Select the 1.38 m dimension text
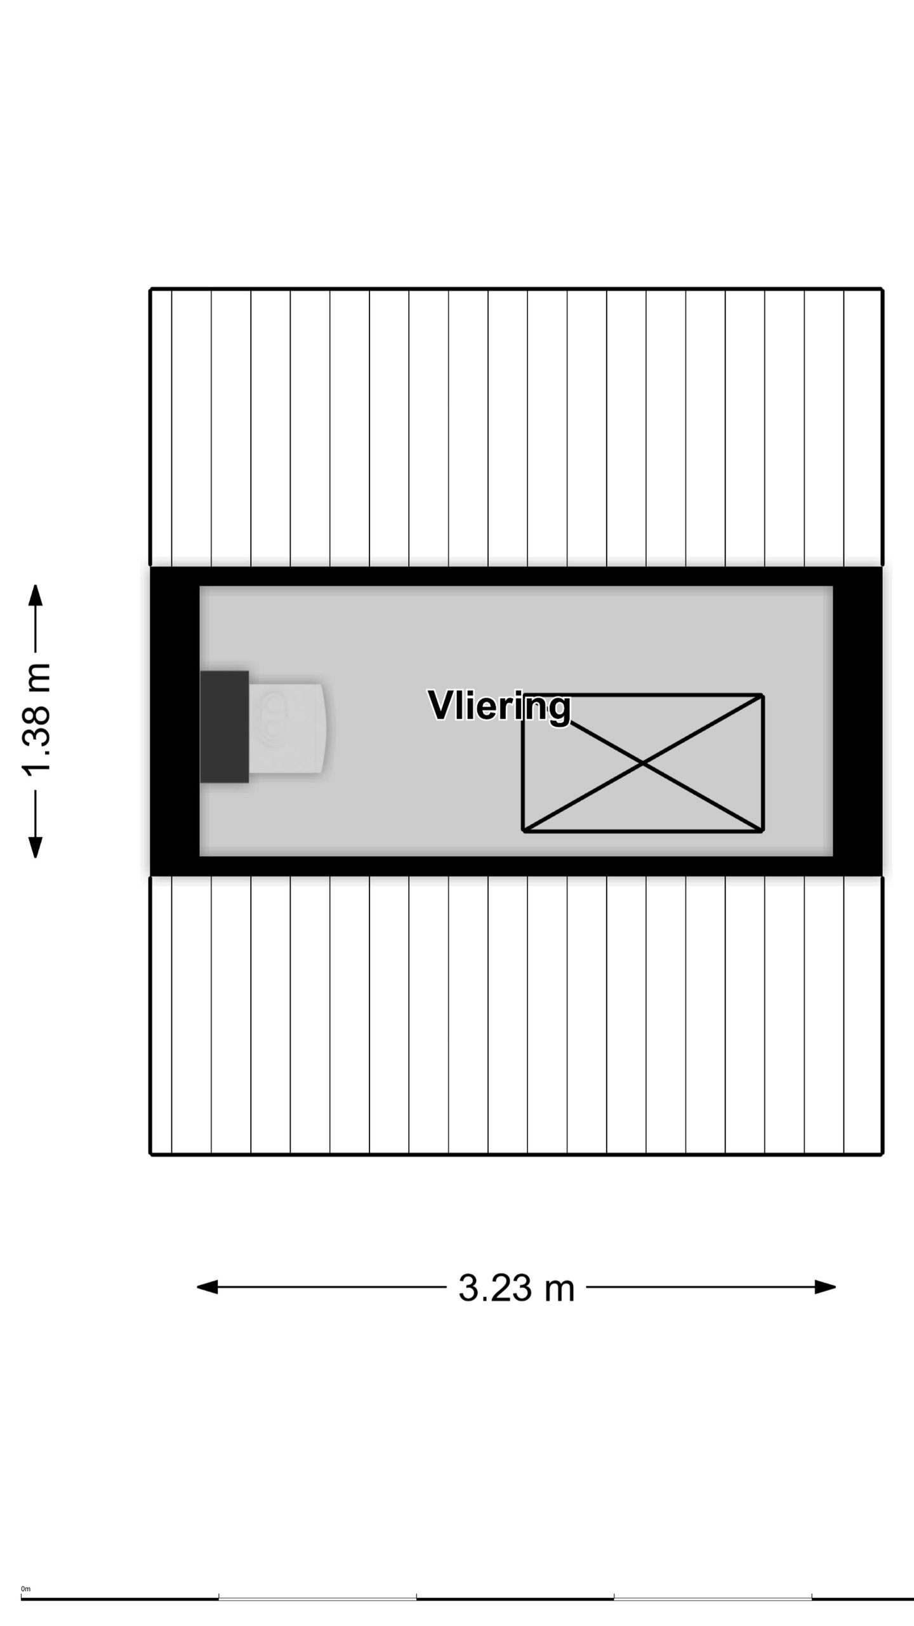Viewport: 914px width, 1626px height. tap(36, 720)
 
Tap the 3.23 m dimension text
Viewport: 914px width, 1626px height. tap(516, 1287)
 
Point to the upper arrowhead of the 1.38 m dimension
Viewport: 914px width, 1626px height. tap(36, 595)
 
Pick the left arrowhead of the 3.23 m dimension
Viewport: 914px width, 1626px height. tap(207, 1287)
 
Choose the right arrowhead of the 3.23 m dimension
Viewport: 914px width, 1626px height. tap(825, 1287)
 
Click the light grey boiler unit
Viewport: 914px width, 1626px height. tap(288, 728)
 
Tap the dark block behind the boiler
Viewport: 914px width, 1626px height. tap(224, 727)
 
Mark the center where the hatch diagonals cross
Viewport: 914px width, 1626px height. tap(642, 763)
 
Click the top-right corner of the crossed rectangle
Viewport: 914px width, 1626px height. tap(762, 695)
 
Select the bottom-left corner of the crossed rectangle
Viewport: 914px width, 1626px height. tap(523, 830)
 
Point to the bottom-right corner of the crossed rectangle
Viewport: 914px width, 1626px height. tap(762, 830)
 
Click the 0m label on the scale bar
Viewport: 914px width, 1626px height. tap(25, 1589)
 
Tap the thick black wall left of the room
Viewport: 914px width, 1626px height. tap(175, 721)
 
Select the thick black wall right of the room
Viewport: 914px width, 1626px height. tap(858, 721)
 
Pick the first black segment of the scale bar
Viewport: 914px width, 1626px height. tap(119, 1599)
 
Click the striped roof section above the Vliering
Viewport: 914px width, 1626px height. tap(515, 427)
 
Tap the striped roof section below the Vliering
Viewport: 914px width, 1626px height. tap(515, 1015)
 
